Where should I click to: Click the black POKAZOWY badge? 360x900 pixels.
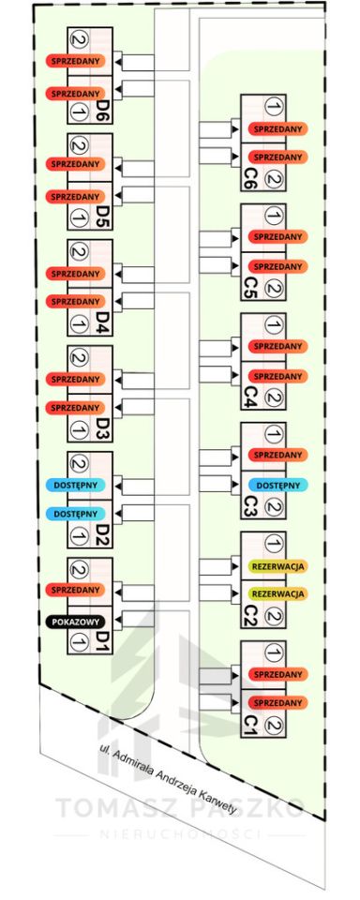pyautogui.click(x=76, y=622)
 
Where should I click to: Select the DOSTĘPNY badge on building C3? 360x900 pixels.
pyautogui.click(x=277, y=485)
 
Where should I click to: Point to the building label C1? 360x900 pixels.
pyautogui.click(x=249, y=722)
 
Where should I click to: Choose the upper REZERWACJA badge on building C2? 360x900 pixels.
pyautogui.click(x=277, y=566)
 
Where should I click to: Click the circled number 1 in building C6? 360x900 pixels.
pyautogui.click(x=275, y=107)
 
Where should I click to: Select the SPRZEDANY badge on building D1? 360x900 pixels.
pyautogui.click(x=76, y=590)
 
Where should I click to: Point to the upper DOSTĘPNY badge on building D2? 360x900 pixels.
pyautogui.click(x=76, y=485)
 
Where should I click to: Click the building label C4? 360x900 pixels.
pyautogui.click(x=249, y=395)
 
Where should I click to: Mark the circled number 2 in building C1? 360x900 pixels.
pyautogui.click(x=275, y=726)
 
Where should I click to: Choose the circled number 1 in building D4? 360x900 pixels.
pyautogui.click(x=80, y=323)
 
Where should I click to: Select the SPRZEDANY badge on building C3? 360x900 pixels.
pyautogui.click(x=277, y=455)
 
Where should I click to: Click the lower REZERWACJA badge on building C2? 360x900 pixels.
pyautogui.click(x=277, y=592)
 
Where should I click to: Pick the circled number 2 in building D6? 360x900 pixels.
pyautogui.click(x=80, y=39)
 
